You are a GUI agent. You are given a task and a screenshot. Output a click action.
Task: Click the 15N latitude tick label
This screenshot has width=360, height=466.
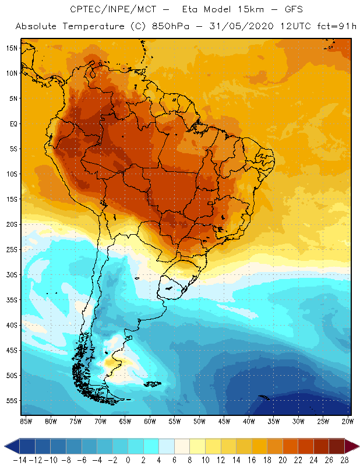pyautogui.click(x=11, y=48)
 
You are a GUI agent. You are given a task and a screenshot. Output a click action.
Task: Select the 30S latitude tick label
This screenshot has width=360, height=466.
pyautogui.click(x=11, y=274)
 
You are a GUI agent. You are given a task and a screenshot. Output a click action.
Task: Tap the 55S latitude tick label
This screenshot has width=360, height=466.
pyautogui.click(x=11, y=401)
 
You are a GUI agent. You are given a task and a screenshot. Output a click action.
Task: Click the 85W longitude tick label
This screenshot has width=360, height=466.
pyautogui.click(x=26, y=421)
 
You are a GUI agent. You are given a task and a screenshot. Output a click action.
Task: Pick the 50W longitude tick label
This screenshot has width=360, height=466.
pyautogui.click(x=200, y=421)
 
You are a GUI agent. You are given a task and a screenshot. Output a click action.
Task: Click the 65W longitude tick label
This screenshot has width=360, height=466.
pyautogui.click(x=125, y=421)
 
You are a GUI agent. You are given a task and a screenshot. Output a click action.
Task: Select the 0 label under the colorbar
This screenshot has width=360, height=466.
pyautogui.click(x=128, y=460)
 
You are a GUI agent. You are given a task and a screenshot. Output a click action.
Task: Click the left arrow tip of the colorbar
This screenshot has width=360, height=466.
pyautogui.click(x=5, y=446)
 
